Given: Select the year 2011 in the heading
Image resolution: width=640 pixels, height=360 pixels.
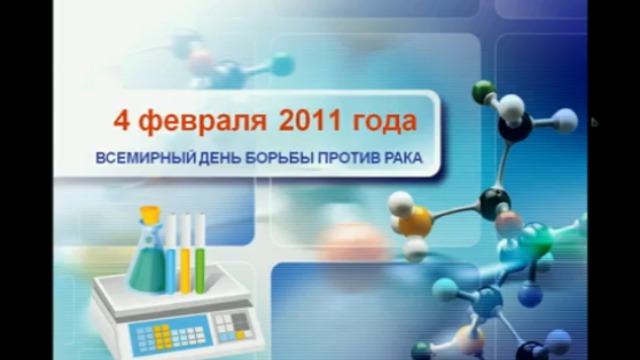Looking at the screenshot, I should point(313,122).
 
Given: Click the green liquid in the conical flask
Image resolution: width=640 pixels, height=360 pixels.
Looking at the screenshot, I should point(145,271).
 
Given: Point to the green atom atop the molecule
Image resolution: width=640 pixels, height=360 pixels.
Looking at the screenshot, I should point(484,88).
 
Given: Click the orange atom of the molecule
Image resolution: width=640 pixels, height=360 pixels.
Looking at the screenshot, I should point(417,217).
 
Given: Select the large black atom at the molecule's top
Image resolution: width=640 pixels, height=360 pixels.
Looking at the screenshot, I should point(516,126).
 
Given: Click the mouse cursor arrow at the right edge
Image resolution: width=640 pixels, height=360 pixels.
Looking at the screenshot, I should point(594,122).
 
